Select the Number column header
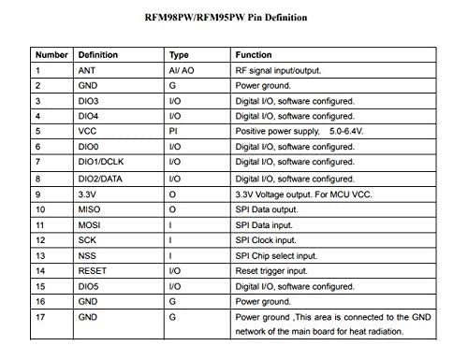click(51, 55)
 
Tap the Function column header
click(254, 55)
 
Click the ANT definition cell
click(87, 70)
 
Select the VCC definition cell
click(89, 132)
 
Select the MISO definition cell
click(90, 209)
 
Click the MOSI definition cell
click(90, 224)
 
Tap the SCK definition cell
click(88, 240)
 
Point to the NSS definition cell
click(88, 255)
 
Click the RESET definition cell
click(93, 271)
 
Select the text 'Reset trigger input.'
click(272, 271)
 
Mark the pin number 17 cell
click(40, 317)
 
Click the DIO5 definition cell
click(90, 286)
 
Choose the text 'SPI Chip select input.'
click(275, 255)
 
